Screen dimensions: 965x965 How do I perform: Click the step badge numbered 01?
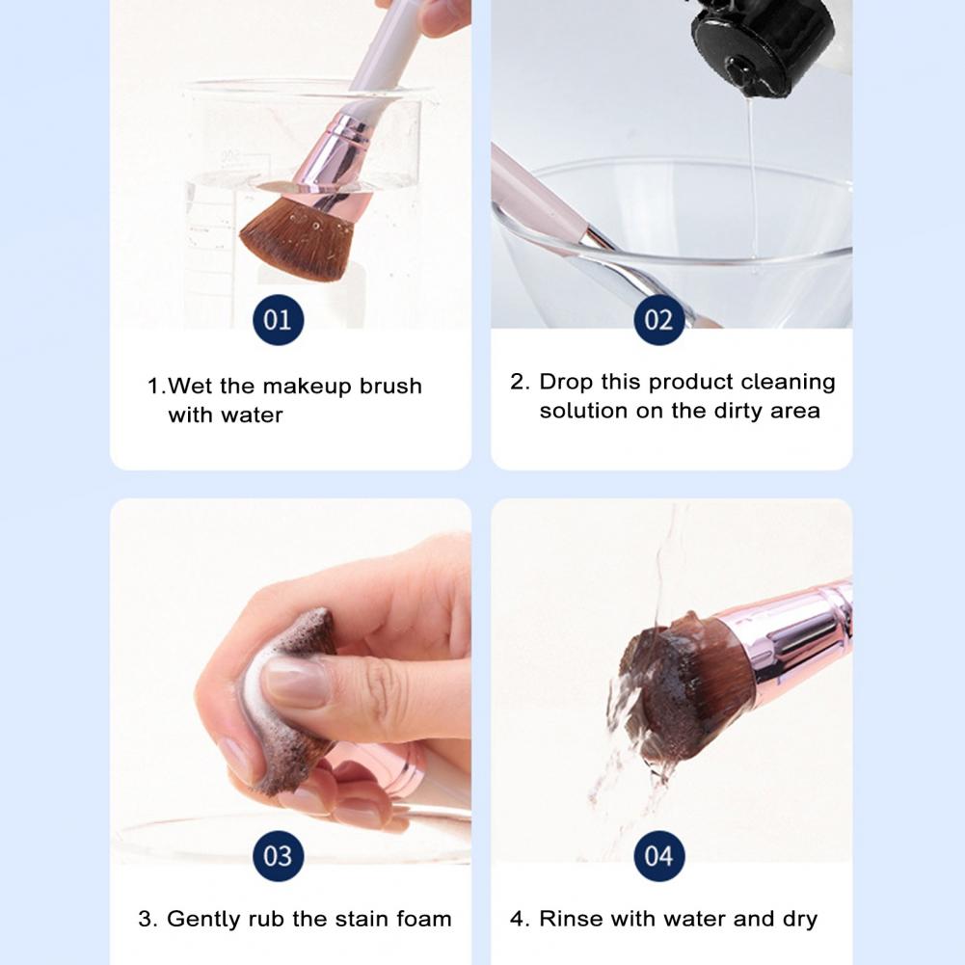tap(277, 319)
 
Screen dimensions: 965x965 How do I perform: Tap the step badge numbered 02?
tap(658, 319)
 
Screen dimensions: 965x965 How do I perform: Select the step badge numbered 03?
tap(277, 855)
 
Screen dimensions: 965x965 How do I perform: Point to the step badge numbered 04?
tap(658, 855)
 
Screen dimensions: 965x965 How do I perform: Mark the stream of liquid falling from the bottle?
tap(752, 174)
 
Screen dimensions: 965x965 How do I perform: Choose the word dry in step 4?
tap(798, 919)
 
